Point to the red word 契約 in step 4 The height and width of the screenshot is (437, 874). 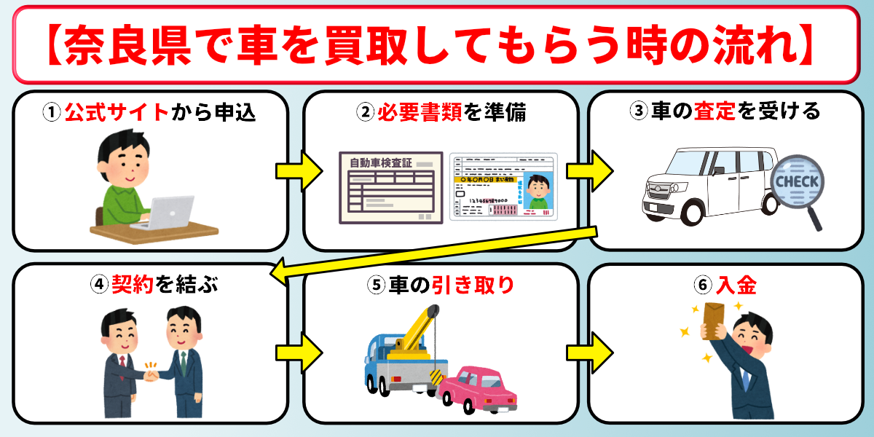pos(131,284)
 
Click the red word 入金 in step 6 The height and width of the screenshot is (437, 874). pos(736,284)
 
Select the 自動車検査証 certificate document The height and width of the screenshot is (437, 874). pos(390,187)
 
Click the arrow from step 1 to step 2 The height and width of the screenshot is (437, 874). pos(298,171)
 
